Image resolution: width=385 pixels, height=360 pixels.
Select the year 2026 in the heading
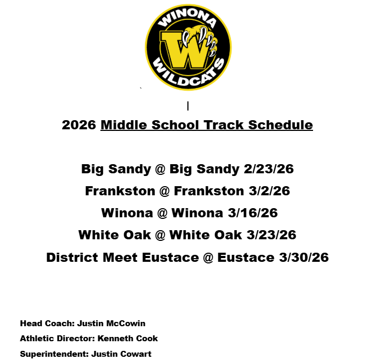(x=79, y=125)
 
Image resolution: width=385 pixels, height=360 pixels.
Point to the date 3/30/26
(x=303, y=258)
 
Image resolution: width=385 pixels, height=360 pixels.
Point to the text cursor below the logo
(x=188, y=106)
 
